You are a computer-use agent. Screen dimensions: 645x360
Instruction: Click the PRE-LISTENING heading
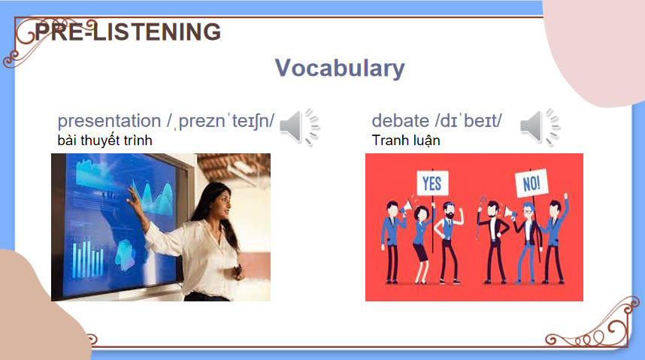pyautogui.click(x=128, y=32)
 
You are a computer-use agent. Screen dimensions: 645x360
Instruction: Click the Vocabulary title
pyautogui.click(x=340, y=68)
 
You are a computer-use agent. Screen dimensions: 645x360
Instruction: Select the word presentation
pyautogui.click(x=109, y=121)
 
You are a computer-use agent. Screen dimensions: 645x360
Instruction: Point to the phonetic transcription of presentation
pyautogui.click(x=220, y=121)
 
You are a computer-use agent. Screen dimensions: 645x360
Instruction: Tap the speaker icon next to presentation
pyautogui.click(x=299, y=127)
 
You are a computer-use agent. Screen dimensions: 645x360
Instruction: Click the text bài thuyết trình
pyautogui.click(x=105, y=141)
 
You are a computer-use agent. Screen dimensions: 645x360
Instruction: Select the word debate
pyautogui.click(x=400, y=121)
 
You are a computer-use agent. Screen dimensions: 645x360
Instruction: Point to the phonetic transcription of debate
pyautogui.click(x=468, y=121)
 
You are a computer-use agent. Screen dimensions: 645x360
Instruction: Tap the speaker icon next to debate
pyautogui.click(x=540, y=127)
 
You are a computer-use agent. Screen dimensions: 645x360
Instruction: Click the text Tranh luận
pyautogui.click(x=406, y=141)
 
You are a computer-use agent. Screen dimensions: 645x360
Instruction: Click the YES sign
pyautogui.click(x=432, y=183)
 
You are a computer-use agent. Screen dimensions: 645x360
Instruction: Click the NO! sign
pyautogui.click(x=531, y=183)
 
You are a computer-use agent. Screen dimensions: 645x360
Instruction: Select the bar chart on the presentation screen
pyautogui.click(x=88, y=257)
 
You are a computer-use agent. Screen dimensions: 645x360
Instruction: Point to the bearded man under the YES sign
pyautogui.click(x=449, y=243)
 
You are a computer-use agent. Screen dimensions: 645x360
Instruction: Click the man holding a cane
pyautogui.click(x=495, y=243)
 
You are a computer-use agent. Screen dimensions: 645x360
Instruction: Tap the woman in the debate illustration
pyautogui.click(x=421, y=244)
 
